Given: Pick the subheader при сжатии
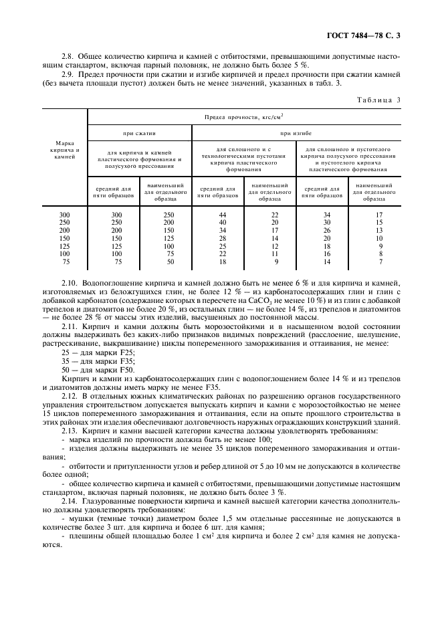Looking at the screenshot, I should (x=139, y=134).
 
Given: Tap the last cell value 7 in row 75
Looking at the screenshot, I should (x=379, y=262).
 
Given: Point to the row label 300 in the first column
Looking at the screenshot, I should (x=65, y=215).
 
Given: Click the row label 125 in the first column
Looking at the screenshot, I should (x=65, y=246).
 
